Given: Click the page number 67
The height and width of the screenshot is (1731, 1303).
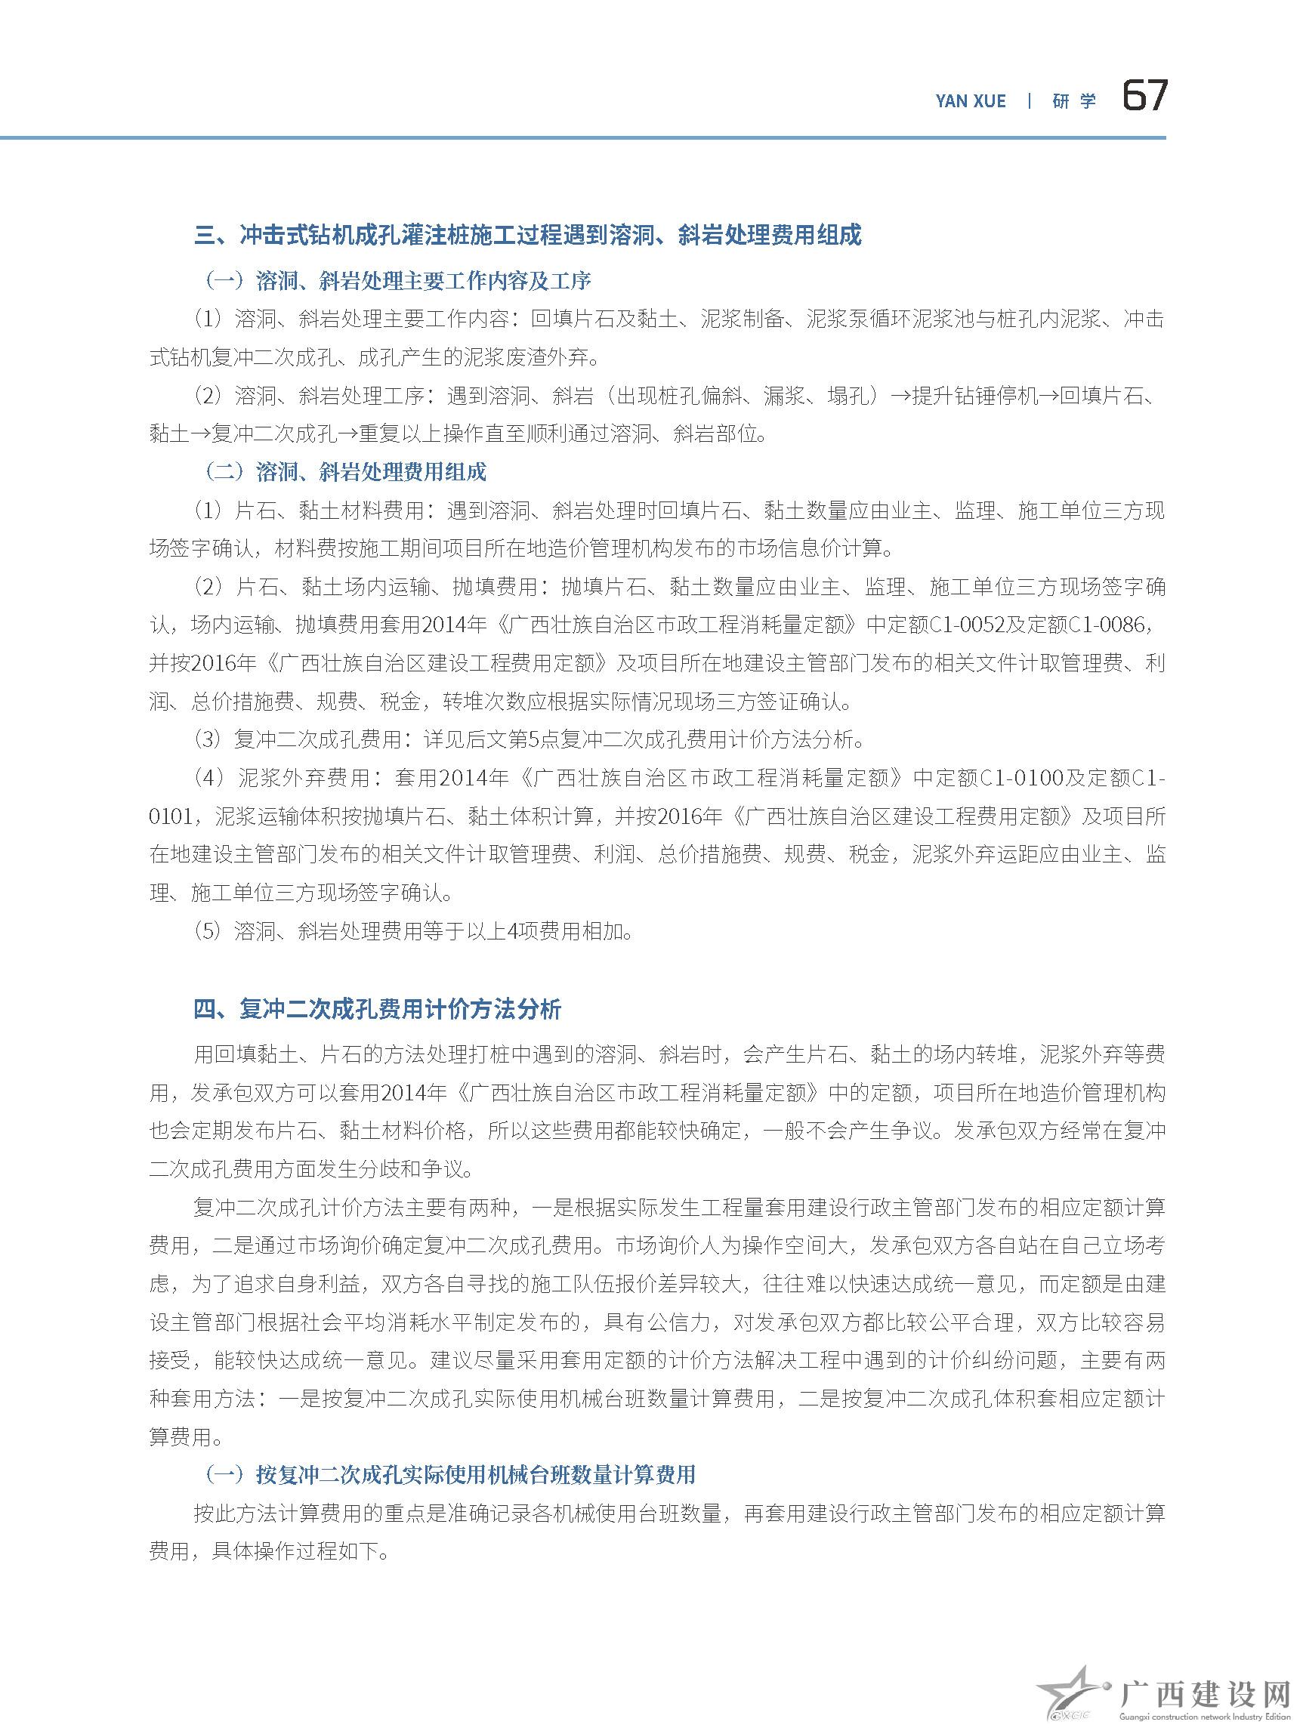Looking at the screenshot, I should (x=1144, y=97).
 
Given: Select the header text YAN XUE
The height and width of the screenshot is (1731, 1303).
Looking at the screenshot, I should (x=971, y=101).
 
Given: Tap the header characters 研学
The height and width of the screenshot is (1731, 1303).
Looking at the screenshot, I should (x=1073, y=101).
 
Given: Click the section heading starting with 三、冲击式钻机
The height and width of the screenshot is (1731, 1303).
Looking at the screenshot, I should (x=527, y=235).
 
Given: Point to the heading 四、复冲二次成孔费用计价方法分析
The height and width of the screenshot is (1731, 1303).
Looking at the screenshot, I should (x=377, y=1010).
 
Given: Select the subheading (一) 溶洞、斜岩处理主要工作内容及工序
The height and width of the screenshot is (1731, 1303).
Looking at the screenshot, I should (x=397, y=280).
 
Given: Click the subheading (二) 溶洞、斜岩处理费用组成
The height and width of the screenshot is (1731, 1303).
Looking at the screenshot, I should (x=344, y=471).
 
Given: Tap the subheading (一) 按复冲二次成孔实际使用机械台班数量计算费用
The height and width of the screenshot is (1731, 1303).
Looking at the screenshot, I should (x=449, y=1475).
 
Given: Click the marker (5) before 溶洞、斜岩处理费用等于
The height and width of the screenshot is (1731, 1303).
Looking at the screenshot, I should (x=208, y=932).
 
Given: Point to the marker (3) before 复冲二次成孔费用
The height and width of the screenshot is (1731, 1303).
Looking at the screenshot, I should (x=208, y=739).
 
